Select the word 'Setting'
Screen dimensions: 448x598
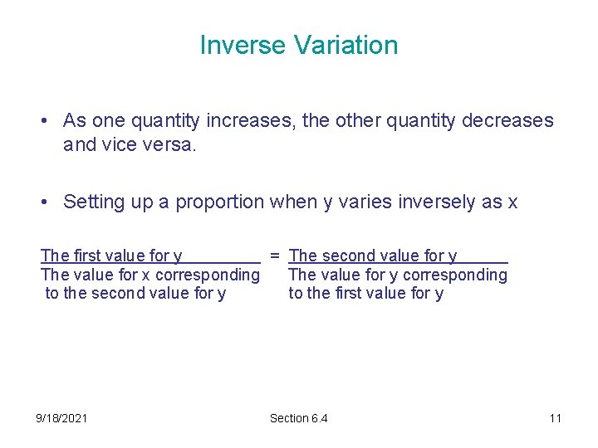click(91, 202)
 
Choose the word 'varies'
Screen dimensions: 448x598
click(363, 202)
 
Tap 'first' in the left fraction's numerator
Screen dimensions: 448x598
click(87, 256)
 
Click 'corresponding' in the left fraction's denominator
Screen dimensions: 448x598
click(208, 275)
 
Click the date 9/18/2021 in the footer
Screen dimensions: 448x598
click(61, 418)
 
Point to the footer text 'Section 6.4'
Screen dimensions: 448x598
click(298, 418)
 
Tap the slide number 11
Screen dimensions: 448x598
click(555, 418)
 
